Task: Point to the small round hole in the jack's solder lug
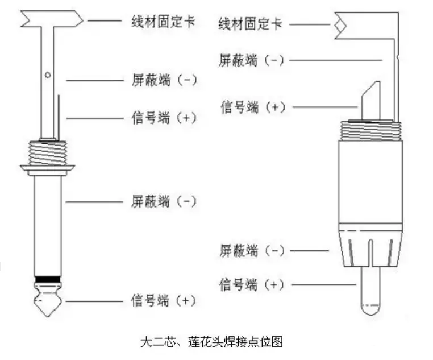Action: click(x=48, y=75)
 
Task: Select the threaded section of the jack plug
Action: click(x=48, y=152)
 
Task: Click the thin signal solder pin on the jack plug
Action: click(x=57, y=117)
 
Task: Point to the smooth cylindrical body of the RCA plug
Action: click(x=370, y=182)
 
